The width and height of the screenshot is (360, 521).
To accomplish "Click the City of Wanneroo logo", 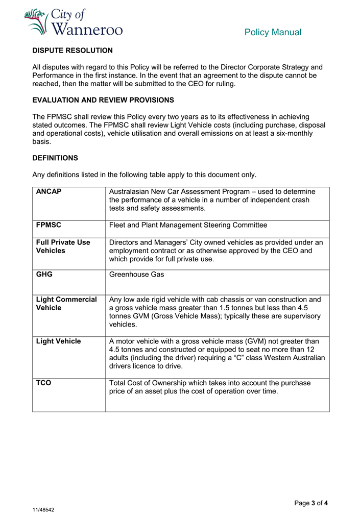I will point(74,22).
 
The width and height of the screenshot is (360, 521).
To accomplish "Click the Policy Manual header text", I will point(273,32).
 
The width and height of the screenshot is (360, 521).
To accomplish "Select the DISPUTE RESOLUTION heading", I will point(73,51).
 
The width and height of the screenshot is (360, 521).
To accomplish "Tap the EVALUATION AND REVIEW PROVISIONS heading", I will point(103,100).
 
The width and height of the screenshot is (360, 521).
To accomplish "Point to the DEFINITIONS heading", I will point(55,158).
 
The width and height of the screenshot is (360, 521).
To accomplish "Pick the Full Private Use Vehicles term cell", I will point(63,246).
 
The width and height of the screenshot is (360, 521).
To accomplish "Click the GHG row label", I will point(44,275).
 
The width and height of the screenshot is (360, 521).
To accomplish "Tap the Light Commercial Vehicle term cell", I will point(66,304).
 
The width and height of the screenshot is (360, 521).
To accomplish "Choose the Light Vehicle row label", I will point(58,341).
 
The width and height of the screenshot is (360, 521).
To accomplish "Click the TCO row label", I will point(44,383).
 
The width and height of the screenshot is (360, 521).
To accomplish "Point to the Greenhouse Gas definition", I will point(136,275).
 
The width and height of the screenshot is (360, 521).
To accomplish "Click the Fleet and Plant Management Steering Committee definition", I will point(188,225).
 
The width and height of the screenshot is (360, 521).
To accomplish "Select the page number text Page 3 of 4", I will point(311,503).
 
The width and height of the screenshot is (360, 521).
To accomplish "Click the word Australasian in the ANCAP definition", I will point(131,191).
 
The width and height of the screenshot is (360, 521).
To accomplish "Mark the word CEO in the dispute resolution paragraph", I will point(193,84).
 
